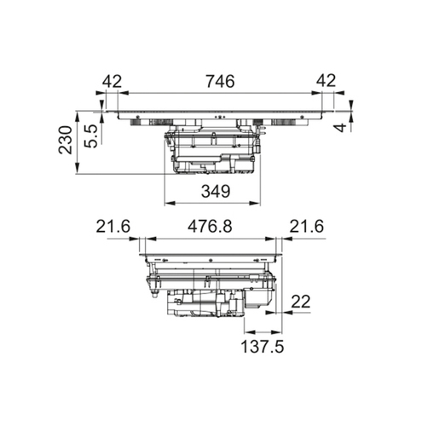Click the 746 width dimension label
(x=220, y=81)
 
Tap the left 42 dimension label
(x=112, y=81)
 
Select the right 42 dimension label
(x=326, y=81)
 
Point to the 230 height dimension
(x=65, y=140)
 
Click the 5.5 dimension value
(x=91, y=136)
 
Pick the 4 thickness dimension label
(x=341, y=128)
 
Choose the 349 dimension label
(x=216, y=191)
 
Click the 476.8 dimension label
(x=210, y=227)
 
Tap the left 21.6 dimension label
(x=113, y=227)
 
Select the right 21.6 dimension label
(x=307, y=227)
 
